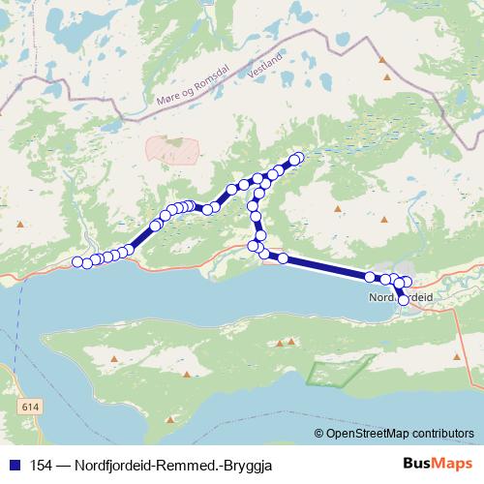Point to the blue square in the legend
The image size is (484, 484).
click(14, 465)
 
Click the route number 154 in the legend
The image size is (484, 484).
click(42, 465)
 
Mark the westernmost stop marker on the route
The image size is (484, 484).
click(78, 261)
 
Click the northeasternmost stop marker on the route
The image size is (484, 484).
click(297, 157)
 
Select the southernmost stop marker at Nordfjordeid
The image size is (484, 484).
click(404, 301)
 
